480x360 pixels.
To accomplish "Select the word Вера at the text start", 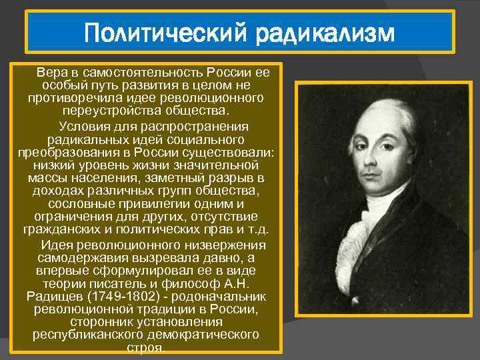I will (51, 71).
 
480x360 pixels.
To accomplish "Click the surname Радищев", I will (53, 295).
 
